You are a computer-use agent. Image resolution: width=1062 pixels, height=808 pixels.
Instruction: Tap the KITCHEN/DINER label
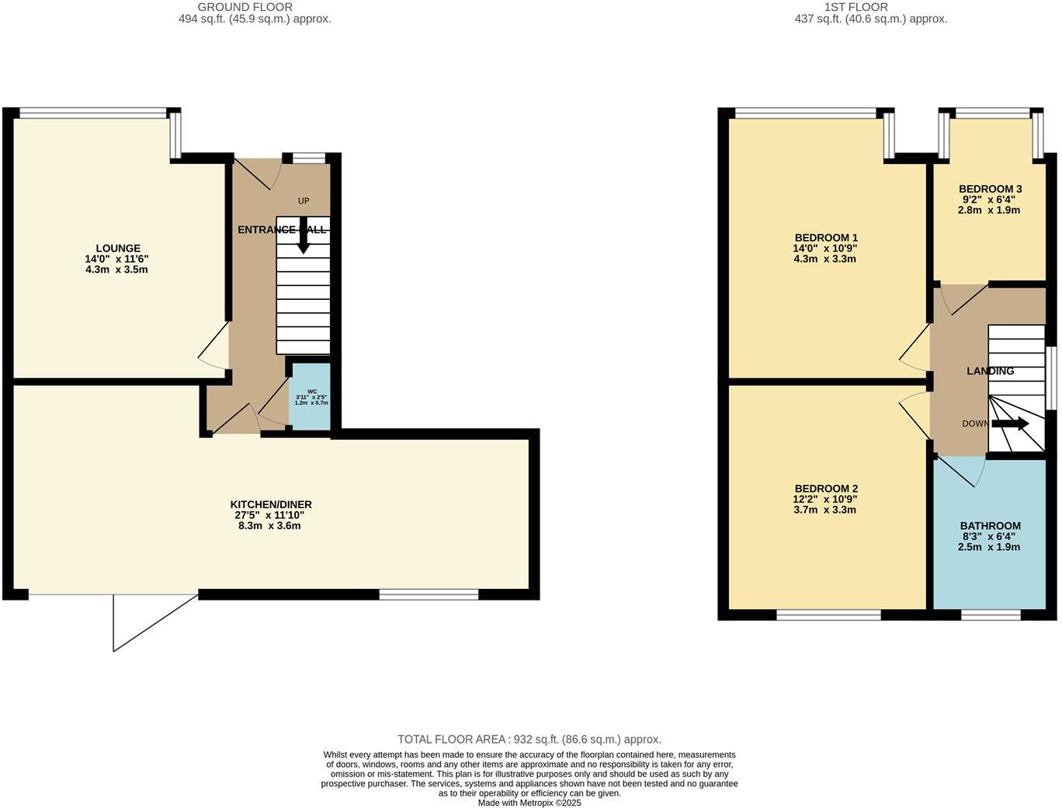click(270, 504)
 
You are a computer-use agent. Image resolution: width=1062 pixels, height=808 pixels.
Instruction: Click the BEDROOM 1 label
click(826, 238)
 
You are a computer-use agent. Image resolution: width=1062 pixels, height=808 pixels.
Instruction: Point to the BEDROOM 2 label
click(826, 489)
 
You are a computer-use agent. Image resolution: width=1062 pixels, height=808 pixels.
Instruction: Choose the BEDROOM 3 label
click(990, 189)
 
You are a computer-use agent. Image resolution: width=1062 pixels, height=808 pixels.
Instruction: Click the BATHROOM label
click(990, 526)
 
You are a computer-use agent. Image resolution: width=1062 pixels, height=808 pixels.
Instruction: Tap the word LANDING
click(990, 371)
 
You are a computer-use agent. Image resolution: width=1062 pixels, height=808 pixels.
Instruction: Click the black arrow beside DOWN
click(1010, 424)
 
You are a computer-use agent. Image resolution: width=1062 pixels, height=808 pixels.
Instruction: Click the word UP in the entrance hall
click(304, 201)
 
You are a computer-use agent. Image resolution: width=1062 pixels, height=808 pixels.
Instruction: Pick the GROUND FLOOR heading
click(245, 7)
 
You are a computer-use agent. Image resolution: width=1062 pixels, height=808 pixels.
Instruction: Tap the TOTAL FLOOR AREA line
click(529, 740)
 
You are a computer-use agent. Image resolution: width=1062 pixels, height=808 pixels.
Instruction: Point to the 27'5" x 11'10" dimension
click(270, 515)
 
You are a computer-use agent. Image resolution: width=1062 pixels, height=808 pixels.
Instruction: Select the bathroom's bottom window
click(991, 615)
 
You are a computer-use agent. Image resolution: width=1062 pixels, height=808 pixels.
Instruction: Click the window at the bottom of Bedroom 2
click(828, 615)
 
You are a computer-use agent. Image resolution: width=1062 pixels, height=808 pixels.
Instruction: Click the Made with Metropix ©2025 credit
click(529, 803)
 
